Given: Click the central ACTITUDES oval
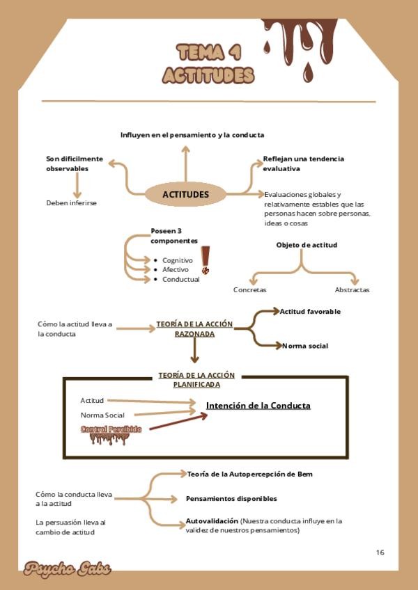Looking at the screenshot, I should coord(185,194).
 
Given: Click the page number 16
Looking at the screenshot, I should coord(380,552).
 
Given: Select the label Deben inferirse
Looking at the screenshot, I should coord(71,203).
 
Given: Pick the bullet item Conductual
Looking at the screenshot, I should coord(180,279).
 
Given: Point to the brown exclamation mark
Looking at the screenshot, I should coord(206,260).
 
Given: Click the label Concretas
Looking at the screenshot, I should coord(249,289).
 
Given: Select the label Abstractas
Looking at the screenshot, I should coord(352,289).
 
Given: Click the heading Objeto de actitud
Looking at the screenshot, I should coord(307,245).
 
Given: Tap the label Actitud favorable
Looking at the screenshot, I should coord(310,311).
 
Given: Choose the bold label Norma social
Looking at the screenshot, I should coord(304,346).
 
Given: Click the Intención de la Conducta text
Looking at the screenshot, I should coord(258,406).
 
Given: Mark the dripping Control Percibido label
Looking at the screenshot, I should coord(111,430).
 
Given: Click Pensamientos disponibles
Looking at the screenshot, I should coord(231,498).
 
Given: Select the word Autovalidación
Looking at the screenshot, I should coord(212,520).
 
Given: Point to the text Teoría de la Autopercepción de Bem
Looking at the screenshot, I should coord(249,474).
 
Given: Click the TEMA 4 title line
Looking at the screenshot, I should coord(209,52).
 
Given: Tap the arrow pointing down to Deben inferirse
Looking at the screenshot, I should coord(77,185).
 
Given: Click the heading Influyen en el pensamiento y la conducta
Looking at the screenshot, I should coord(192,134).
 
